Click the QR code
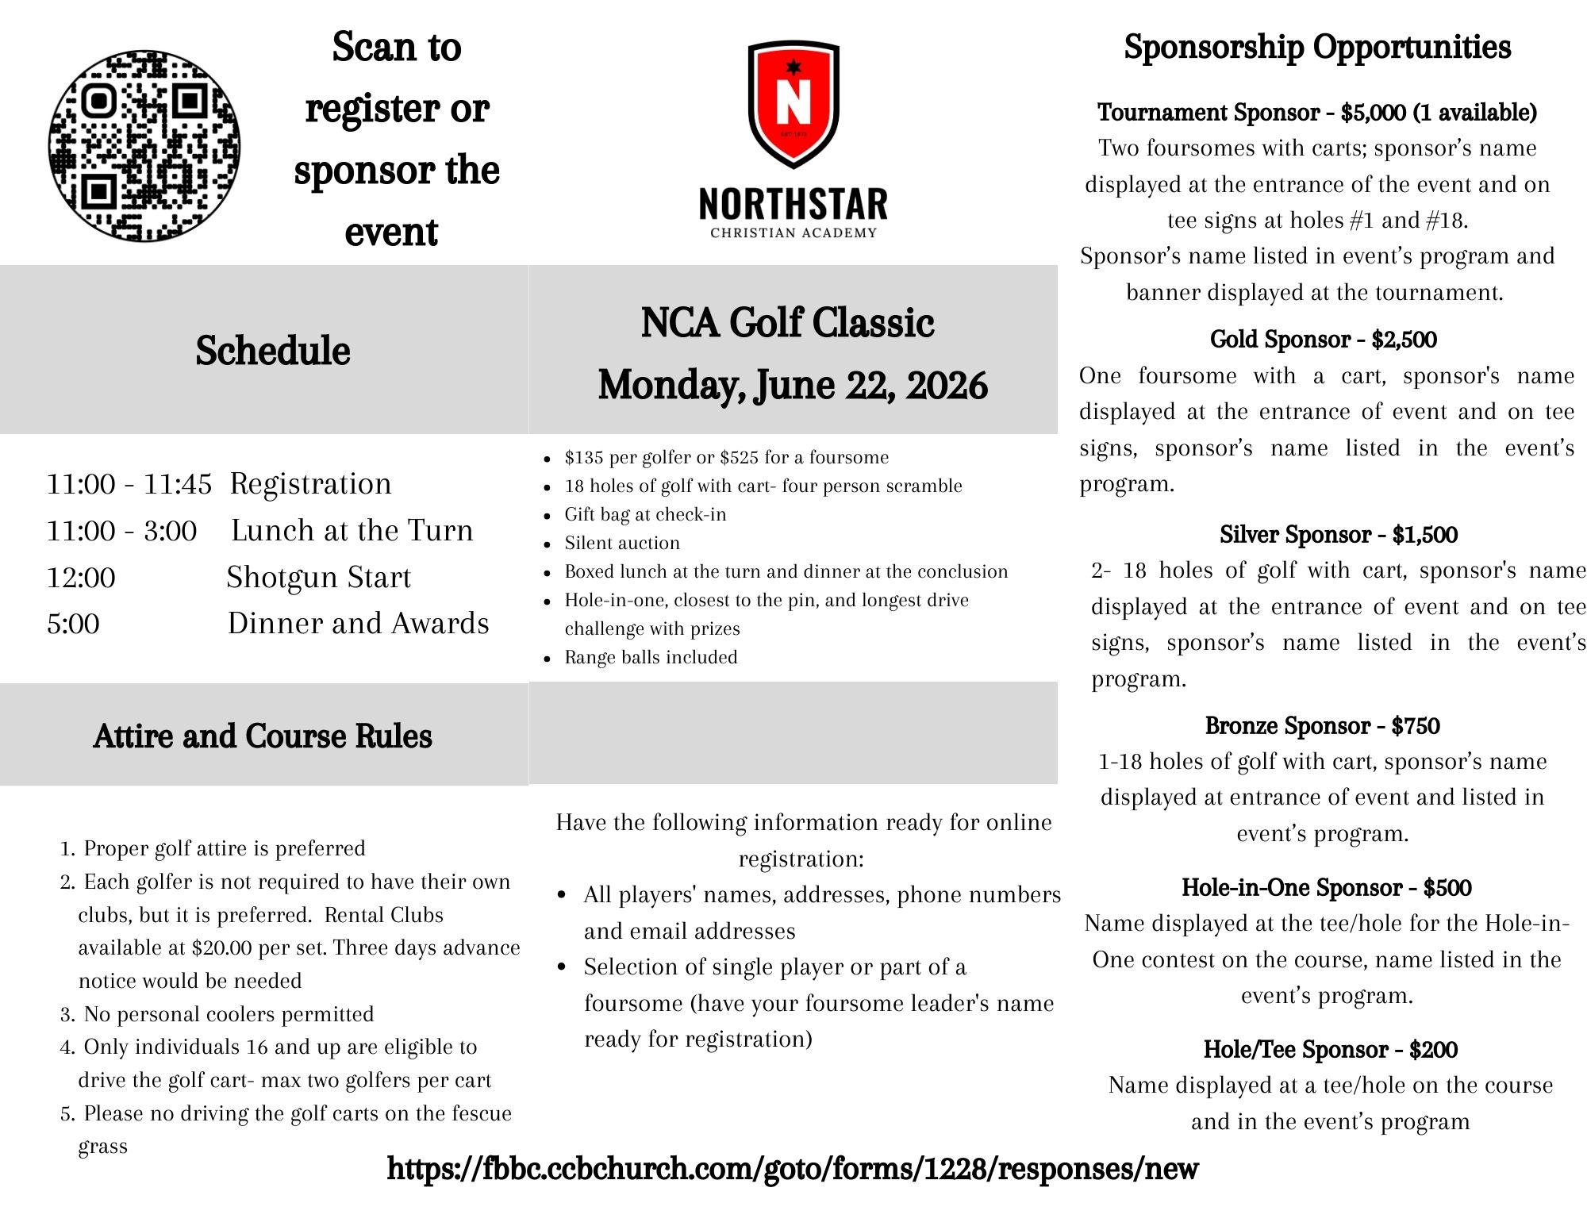click(x=144, y=146)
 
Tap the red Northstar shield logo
click(x=793, y=103)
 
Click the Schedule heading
click(x=272, y=351)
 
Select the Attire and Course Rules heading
click(x=263, y=736)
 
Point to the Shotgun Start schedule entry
click(x=318, y=577)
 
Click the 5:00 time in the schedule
click(x=73, y=624)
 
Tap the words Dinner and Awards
click(x=358, y=624)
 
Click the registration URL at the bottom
click(x=792, y=1168)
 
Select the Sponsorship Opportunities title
click(x=1317, y=47)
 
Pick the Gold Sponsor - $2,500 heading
click(x=1323, y=340)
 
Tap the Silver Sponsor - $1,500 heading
click(x=1338, y=535)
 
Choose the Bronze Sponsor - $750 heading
click(x=1322, y=726)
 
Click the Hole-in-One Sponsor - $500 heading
click(x=1326, y=887)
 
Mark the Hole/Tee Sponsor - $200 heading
click(x=1330, y=1049)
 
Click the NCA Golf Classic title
click(x=787, y=323)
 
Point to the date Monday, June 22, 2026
click(x=792, y=385)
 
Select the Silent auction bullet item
click(x=622, y=543)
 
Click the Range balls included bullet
click(x=651, y=657)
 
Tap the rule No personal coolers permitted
click(x=229, y=1014)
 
